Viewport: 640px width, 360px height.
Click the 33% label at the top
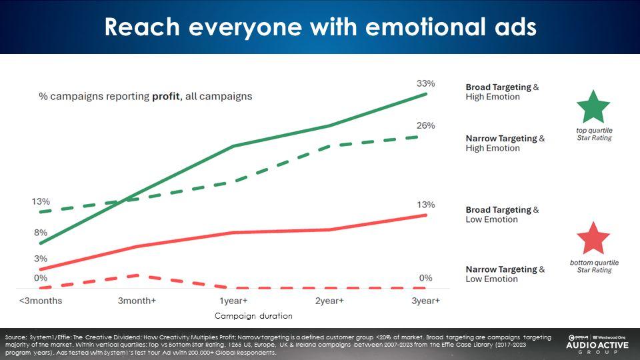tap(425, 83)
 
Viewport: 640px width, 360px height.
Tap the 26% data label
tap(425, 125)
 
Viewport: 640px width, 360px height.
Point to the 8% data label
tap(41, 233)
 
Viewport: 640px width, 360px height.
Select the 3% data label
tap(41, 259)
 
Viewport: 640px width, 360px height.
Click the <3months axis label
tap(41, 301)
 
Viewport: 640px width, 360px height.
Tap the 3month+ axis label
tap(137, 301)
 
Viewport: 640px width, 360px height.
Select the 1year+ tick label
tap(233, 301)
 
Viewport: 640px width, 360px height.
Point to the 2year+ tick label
tap(329, 301)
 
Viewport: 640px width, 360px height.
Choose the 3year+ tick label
tap(425, 301)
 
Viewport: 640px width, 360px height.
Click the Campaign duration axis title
tap(253, 315)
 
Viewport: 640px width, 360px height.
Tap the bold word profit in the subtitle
tap(166, 96)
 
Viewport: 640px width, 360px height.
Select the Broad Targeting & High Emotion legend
tap(502, 92)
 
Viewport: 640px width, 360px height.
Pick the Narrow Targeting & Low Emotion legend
tap(505, 274)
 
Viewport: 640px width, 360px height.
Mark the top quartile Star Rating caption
tap(593, 133)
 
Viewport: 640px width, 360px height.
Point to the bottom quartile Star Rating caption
tap(593, 266)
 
